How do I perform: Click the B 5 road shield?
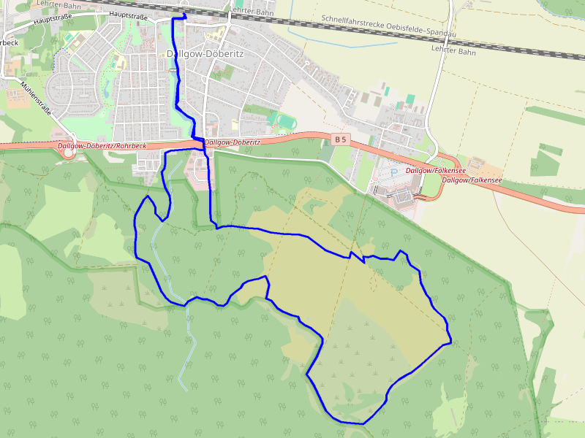(x=339, y=139)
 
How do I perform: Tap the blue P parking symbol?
(x=394, y=173)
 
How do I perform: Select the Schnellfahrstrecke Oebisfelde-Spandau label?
(x=388, y=26)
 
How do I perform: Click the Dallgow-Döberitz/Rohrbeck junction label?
(x=102, y=146)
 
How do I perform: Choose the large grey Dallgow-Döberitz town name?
(x=205, y=54)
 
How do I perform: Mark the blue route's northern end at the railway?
(x=183, y=15)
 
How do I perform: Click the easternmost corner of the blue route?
(x=450, y=340)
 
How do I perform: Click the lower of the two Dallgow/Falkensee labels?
(x=472, y=180)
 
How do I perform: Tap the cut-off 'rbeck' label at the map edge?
(x=8, y=42)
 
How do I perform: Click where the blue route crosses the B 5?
(x=203, y=145)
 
